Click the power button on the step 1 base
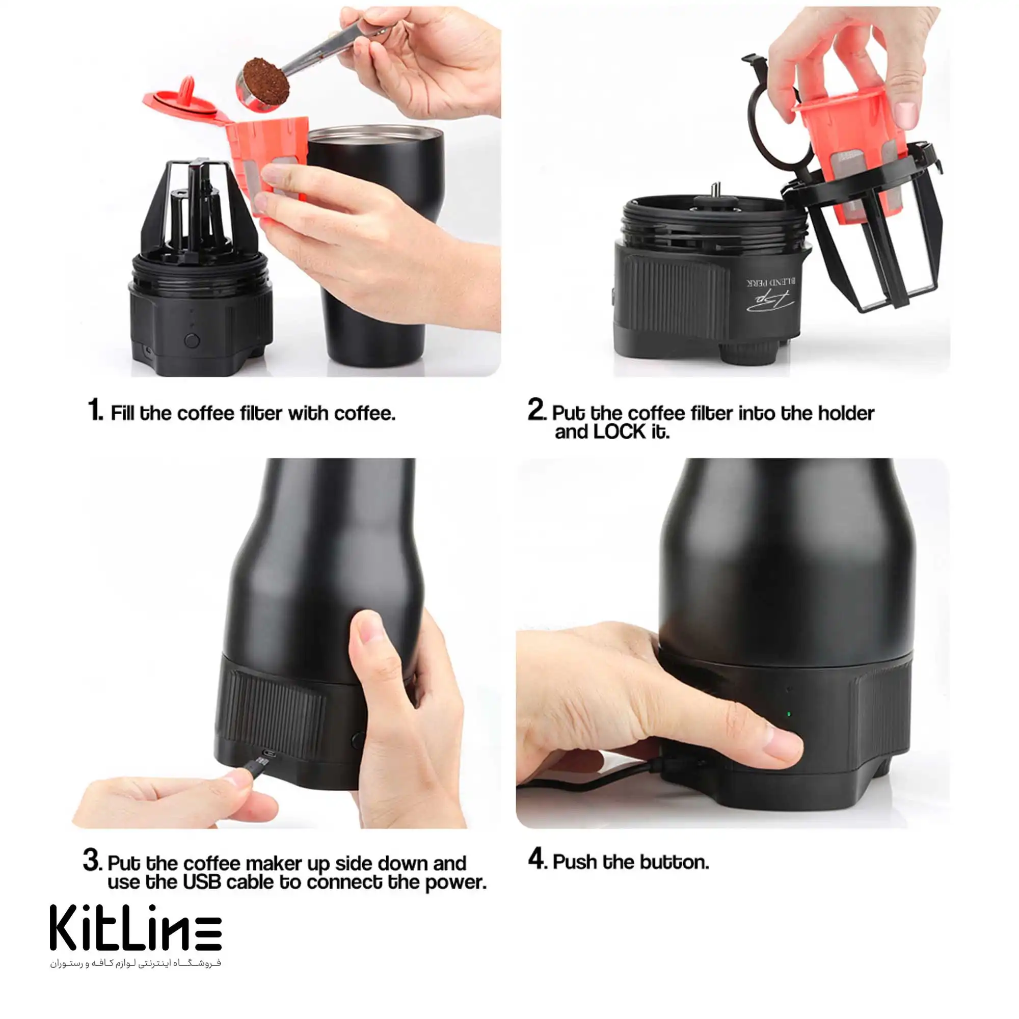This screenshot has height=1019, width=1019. coord(192,340)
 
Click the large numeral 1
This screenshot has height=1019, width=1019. coord(95,409)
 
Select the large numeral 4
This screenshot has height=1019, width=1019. coord(537,858)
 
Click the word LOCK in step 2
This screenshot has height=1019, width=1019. coord(619,432)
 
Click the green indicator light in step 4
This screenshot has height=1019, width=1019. coord(789,714)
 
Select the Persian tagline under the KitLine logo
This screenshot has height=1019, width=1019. coord(136,963)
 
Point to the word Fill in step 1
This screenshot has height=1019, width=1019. coord(122,413)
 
